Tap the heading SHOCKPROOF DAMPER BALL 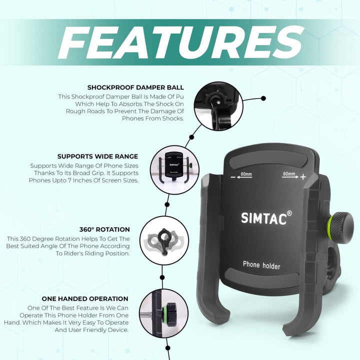135,87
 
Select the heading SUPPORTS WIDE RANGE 97,156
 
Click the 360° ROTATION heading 104,229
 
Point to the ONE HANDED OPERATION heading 85,298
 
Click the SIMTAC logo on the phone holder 264,218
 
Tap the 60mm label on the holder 246,174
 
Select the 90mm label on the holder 289,173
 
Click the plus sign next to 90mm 303,177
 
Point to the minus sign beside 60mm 233,177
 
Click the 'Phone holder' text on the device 261,265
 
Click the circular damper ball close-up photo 218,106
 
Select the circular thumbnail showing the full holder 174,170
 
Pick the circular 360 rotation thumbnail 164,241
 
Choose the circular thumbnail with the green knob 163,313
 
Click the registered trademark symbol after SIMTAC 289,213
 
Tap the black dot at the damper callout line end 263,98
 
